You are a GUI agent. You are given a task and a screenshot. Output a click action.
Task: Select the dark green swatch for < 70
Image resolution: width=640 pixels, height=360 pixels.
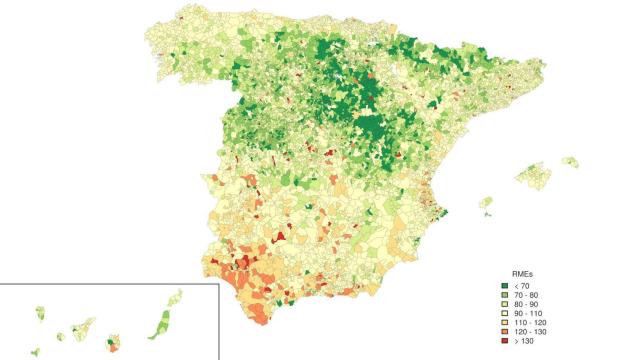pyautogui.click(x=505, y=286)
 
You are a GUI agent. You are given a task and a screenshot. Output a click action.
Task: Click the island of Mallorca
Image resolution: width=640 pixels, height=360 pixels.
pyautogui.click(x=538, y=177)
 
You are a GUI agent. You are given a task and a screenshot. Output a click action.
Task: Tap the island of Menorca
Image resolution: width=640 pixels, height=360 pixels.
pyautogui.click(x=570, y=161)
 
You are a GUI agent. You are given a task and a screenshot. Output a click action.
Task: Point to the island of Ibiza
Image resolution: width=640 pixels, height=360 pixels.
pyautogui.click(x=486, y=203)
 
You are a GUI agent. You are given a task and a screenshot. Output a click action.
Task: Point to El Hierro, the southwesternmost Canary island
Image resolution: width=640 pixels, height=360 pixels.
pyautogui.click(x=35, y=351)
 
